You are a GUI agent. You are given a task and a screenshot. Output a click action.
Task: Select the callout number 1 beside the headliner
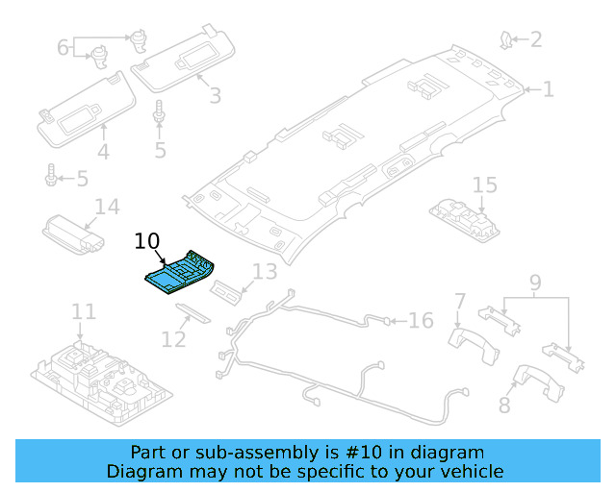548,89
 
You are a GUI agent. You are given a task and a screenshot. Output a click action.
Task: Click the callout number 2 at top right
535,39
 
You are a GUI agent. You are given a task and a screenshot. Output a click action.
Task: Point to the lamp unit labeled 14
75,234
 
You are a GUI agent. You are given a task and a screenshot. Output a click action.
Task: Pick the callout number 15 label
484,184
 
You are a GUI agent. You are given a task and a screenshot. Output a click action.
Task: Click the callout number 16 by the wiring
422,320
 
